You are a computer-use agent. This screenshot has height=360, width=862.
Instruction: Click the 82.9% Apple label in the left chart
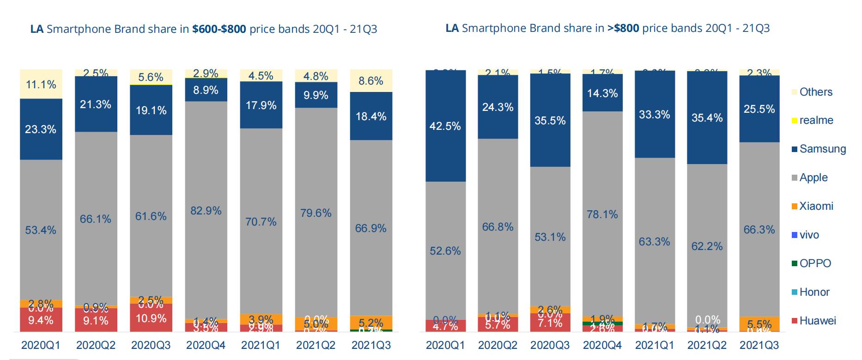[x=206, y=211]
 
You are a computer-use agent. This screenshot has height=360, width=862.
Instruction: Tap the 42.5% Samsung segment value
[x=445, y=126]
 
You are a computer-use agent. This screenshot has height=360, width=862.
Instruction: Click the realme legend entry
[x=816, y=120]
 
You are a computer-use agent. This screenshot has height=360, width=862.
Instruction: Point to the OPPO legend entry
[x=815, y=263]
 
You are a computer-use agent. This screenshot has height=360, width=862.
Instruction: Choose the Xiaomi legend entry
[x=816, y=206]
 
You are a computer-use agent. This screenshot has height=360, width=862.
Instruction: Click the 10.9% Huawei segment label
[x=151, y=318]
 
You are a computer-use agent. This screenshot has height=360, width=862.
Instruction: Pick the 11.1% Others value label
[x=41, y=84]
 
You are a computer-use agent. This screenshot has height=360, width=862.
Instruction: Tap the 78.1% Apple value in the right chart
[x=602, y=214]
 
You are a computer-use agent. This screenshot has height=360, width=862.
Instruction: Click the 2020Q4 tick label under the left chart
[x=206, y=345]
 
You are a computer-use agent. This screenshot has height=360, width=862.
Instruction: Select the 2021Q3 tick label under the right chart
[x=759, y=345]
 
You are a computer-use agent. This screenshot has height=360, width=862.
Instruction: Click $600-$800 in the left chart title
[x=219, y=29]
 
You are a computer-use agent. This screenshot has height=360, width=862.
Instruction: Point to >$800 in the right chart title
[x=623, y=28]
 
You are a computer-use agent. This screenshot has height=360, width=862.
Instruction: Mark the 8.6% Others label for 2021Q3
[x=371, y=81]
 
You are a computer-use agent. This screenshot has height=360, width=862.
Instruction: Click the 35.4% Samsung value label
[x=707, y=118]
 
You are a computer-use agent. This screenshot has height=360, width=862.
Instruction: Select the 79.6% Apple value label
[x=316, y=213]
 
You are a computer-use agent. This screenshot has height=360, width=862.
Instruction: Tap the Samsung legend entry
[x=822, y=149]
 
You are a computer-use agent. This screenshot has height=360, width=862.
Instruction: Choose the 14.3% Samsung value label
[x=602, y=93]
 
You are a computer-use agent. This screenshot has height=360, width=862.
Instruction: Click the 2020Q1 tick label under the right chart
[x=445, y=345]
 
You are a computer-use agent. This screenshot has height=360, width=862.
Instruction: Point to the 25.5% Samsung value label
[x=759, y=109]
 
